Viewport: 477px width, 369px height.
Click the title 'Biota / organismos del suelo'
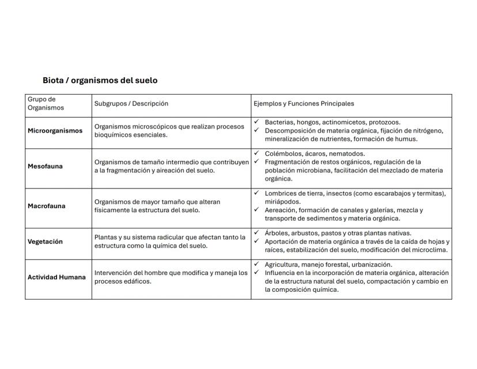click(100, 80)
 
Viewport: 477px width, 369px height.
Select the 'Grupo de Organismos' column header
click(46, 103)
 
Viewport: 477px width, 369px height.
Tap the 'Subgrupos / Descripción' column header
click(131, 104)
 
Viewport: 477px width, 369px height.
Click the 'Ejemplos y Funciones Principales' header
click(304, 104)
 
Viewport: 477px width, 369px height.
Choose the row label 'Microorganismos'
click(55, 131)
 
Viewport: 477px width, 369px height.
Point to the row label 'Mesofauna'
click(45, 167)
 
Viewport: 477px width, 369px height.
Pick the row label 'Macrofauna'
click(46, 206)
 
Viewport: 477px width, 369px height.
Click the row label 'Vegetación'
click(45, 242)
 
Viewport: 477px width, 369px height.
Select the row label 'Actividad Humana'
click(56, 277)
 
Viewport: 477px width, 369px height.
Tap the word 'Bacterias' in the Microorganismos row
click(279, 122)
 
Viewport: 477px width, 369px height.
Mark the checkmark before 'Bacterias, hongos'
click(256, 122)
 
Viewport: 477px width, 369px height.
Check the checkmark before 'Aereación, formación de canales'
click(256, 210)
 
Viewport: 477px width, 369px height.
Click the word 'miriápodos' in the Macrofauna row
click(282, 202)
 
